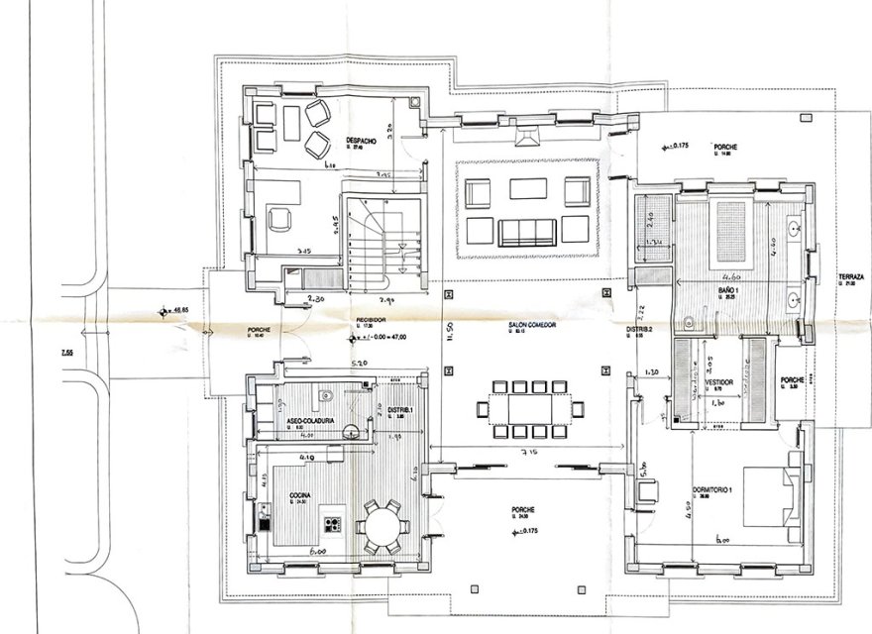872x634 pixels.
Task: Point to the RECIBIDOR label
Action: coord(371,320)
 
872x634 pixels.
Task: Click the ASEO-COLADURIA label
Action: coord(310,421)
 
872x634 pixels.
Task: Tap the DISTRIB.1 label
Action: coord(399,410)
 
